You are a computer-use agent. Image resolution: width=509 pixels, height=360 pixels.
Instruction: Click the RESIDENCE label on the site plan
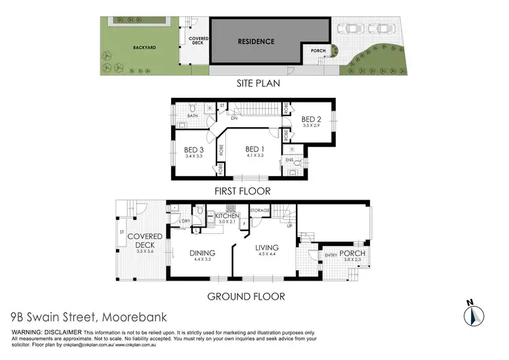pyautogui.click(x=256, y=41)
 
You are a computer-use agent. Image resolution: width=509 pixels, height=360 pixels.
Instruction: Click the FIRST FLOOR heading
pyautogui.click(x=242, y=191)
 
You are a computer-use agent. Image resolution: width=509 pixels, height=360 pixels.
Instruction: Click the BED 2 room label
pyautogui.click(x=313, y=118)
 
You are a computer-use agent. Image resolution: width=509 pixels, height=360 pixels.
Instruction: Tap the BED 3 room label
pyautogui.click(x=194, y=150)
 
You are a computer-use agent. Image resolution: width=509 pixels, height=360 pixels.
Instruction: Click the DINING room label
pyautogui.click(x=203, y=253)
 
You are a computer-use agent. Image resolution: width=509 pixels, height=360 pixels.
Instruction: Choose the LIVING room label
pyautogui.click(x=267, y=249)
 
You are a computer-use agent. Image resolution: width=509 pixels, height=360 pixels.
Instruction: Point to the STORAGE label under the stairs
pyautogui.click(x=261, y=211)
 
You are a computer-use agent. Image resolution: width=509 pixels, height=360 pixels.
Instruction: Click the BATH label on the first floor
pyautogui.click(x=193, y=117)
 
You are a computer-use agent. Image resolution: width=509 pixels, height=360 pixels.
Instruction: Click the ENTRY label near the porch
pyautogui.click(x=331, y=255)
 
